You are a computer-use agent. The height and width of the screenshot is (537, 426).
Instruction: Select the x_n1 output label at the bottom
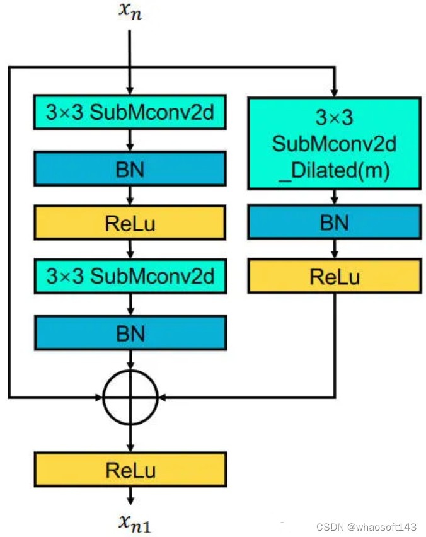(132, 523)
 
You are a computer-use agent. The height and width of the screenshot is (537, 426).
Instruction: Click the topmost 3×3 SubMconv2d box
(130, 112)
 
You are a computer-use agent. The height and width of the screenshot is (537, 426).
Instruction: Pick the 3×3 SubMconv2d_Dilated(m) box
(334, 143)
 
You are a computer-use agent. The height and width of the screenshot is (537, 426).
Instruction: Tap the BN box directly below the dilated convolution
(334, 222)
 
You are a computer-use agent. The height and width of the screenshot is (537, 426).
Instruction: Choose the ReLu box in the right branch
(334, 277)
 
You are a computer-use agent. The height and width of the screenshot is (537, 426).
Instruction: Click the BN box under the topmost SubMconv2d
(130, 168)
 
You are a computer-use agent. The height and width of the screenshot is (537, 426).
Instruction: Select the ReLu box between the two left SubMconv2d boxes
(130, 223)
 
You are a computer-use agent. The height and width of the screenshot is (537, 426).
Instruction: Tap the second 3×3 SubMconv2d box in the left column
(130, 276)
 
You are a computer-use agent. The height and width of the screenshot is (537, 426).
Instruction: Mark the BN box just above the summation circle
(130, 332)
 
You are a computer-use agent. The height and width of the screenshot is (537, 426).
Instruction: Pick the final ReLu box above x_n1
(130, 470)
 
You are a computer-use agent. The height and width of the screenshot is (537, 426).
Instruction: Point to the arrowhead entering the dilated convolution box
(334, 92)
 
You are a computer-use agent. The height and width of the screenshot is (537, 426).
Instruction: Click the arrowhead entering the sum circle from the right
(161, 397)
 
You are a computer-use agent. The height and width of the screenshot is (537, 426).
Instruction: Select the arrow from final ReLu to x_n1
(130, 496)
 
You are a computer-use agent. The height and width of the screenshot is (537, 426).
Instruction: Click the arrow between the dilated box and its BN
(334, 197)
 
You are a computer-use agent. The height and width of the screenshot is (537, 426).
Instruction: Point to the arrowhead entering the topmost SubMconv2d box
(130, 92)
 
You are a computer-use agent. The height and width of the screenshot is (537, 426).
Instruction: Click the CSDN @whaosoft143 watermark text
(366, 526)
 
